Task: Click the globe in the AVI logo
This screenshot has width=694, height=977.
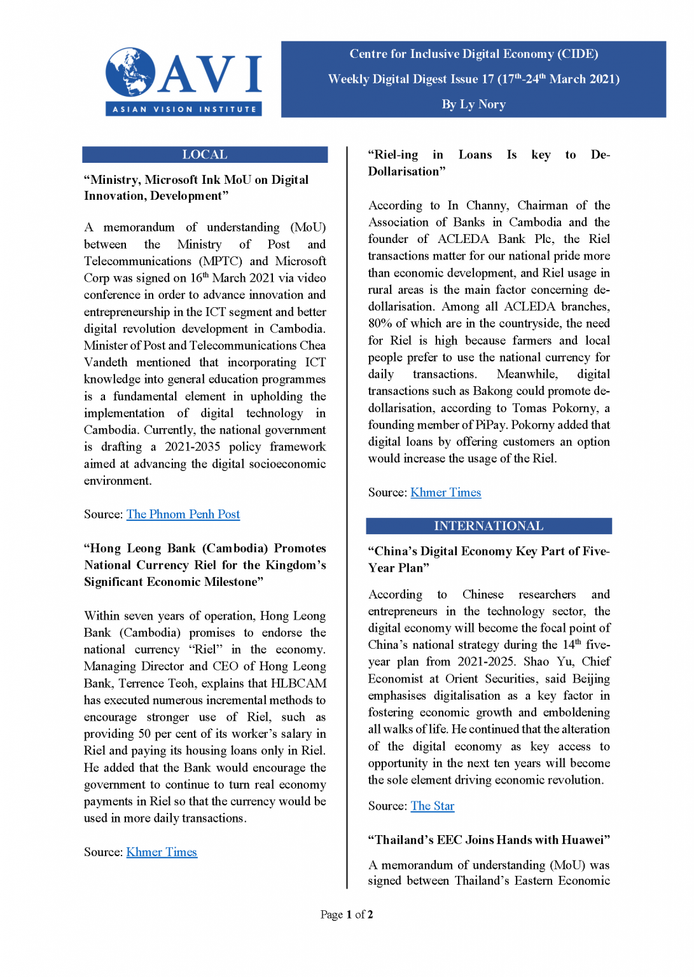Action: [x=130, y=72]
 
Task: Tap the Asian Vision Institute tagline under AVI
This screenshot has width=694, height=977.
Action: [x=184, y=109]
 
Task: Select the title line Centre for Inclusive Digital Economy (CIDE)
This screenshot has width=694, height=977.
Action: [x=473, y=54]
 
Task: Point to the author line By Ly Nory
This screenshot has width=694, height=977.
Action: [x=473, y=104]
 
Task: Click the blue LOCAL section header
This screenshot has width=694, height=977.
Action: [x=205, y=155]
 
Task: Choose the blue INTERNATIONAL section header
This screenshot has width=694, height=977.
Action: [x=489, y=526]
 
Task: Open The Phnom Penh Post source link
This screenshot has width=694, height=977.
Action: [x=183, y=515]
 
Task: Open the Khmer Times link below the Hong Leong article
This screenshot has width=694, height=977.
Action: [x=162, y=852]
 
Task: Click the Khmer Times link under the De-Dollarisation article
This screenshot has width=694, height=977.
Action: [x=445, y=493]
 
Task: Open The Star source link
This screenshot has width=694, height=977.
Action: [x=433, y=807]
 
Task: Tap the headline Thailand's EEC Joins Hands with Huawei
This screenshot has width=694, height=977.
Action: [x=489, y=840]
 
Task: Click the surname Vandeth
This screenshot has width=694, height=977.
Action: [x=106, y=363]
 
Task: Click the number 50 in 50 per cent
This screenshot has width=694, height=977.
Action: [x=145, y=734]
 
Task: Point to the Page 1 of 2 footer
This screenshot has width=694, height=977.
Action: [x=347, y=915]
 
